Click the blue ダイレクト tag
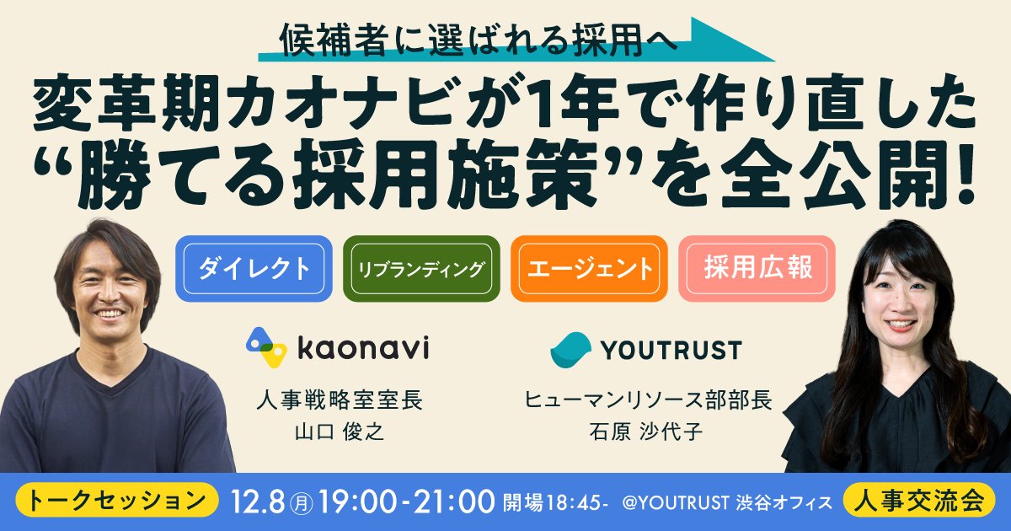tap(254, 269)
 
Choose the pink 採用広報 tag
tap(757, 269)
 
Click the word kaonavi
tap(364, 347)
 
